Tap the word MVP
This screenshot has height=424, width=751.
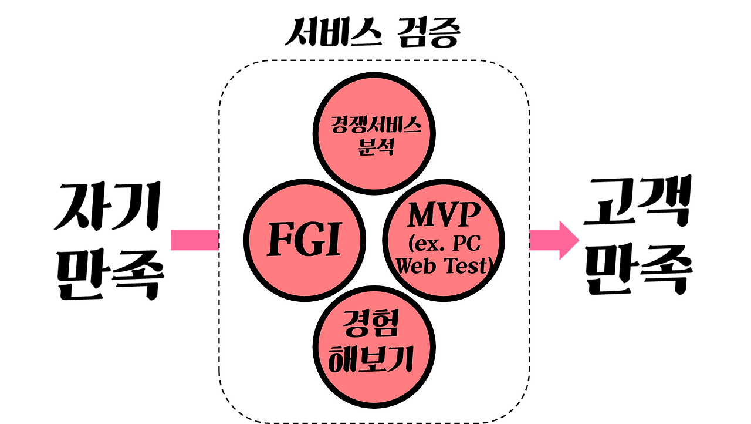tap(444, 216)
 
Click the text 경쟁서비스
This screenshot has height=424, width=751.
tap(375, 125)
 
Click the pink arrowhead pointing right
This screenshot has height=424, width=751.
tap(568, 240)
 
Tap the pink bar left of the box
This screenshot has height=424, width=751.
tap(194, 240)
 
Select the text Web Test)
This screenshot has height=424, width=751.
tap(444, 267)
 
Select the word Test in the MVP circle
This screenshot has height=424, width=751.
tap(466, 267)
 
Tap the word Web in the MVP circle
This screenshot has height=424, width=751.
tap(416, 267)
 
